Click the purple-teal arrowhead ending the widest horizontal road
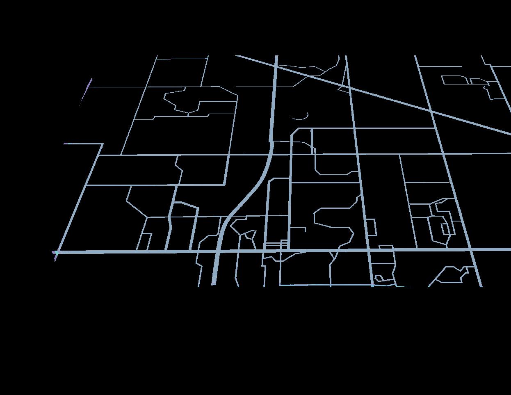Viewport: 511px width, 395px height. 55,254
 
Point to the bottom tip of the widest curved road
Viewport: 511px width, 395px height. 214,283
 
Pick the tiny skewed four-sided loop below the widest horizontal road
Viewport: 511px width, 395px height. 379,279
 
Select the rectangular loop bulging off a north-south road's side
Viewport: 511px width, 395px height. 371,227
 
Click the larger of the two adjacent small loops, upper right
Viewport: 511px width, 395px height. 454,80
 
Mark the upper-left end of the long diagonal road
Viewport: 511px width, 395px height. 237,56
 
